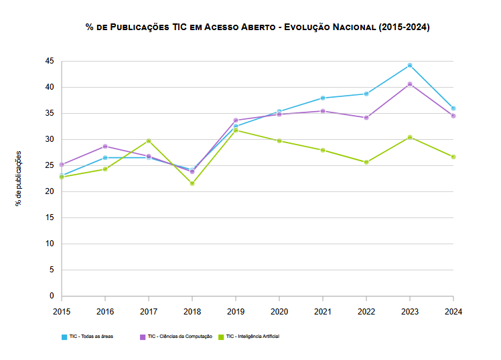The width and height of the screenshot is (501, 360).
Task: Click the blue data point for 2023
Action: tap(410, 66)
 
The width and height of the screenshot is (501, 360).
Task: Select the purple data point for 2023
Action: tap(410, 84)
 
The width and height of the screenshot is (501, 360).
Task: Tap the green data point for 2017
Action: tap(149, 141)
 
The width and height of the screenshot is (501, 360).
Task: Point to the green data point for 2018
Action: tap(192, 183)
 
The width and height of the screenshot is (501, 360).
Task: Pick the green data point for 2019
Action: tap(236, 130)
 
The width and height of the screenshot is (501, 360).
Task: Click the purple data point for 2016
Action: tap(105, 147)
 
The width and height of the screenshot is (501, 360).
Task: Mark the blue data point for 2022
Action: tap(366, 94)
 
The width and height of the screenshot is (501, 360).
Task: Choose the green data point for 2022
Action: tap(366, 162)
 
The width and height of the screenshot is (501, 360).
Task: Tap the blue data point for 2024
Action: tap(453, 108)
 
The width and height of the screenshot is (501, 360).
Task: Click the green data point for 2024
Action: tap(453, 157)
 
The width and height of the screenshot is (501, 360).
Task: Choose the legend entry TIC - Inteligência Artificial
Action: tap(252, 336)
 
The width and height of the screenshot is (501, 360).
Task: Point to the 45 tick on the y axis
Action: tap(49, 61)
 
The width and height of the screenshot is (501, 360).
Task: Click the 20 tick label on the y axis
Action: tap(49, 191)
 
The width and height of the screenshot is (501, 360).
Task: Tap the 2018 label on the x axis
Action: tap(192, 311)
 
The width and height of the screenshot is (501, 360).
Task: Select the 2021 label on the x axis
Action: tap(323, 311)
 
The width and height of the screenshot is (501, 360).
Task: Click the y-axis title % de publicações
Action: tap(19, 178)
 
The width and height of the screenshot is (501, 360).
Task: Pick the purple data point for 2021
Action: tap(323, 111)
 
